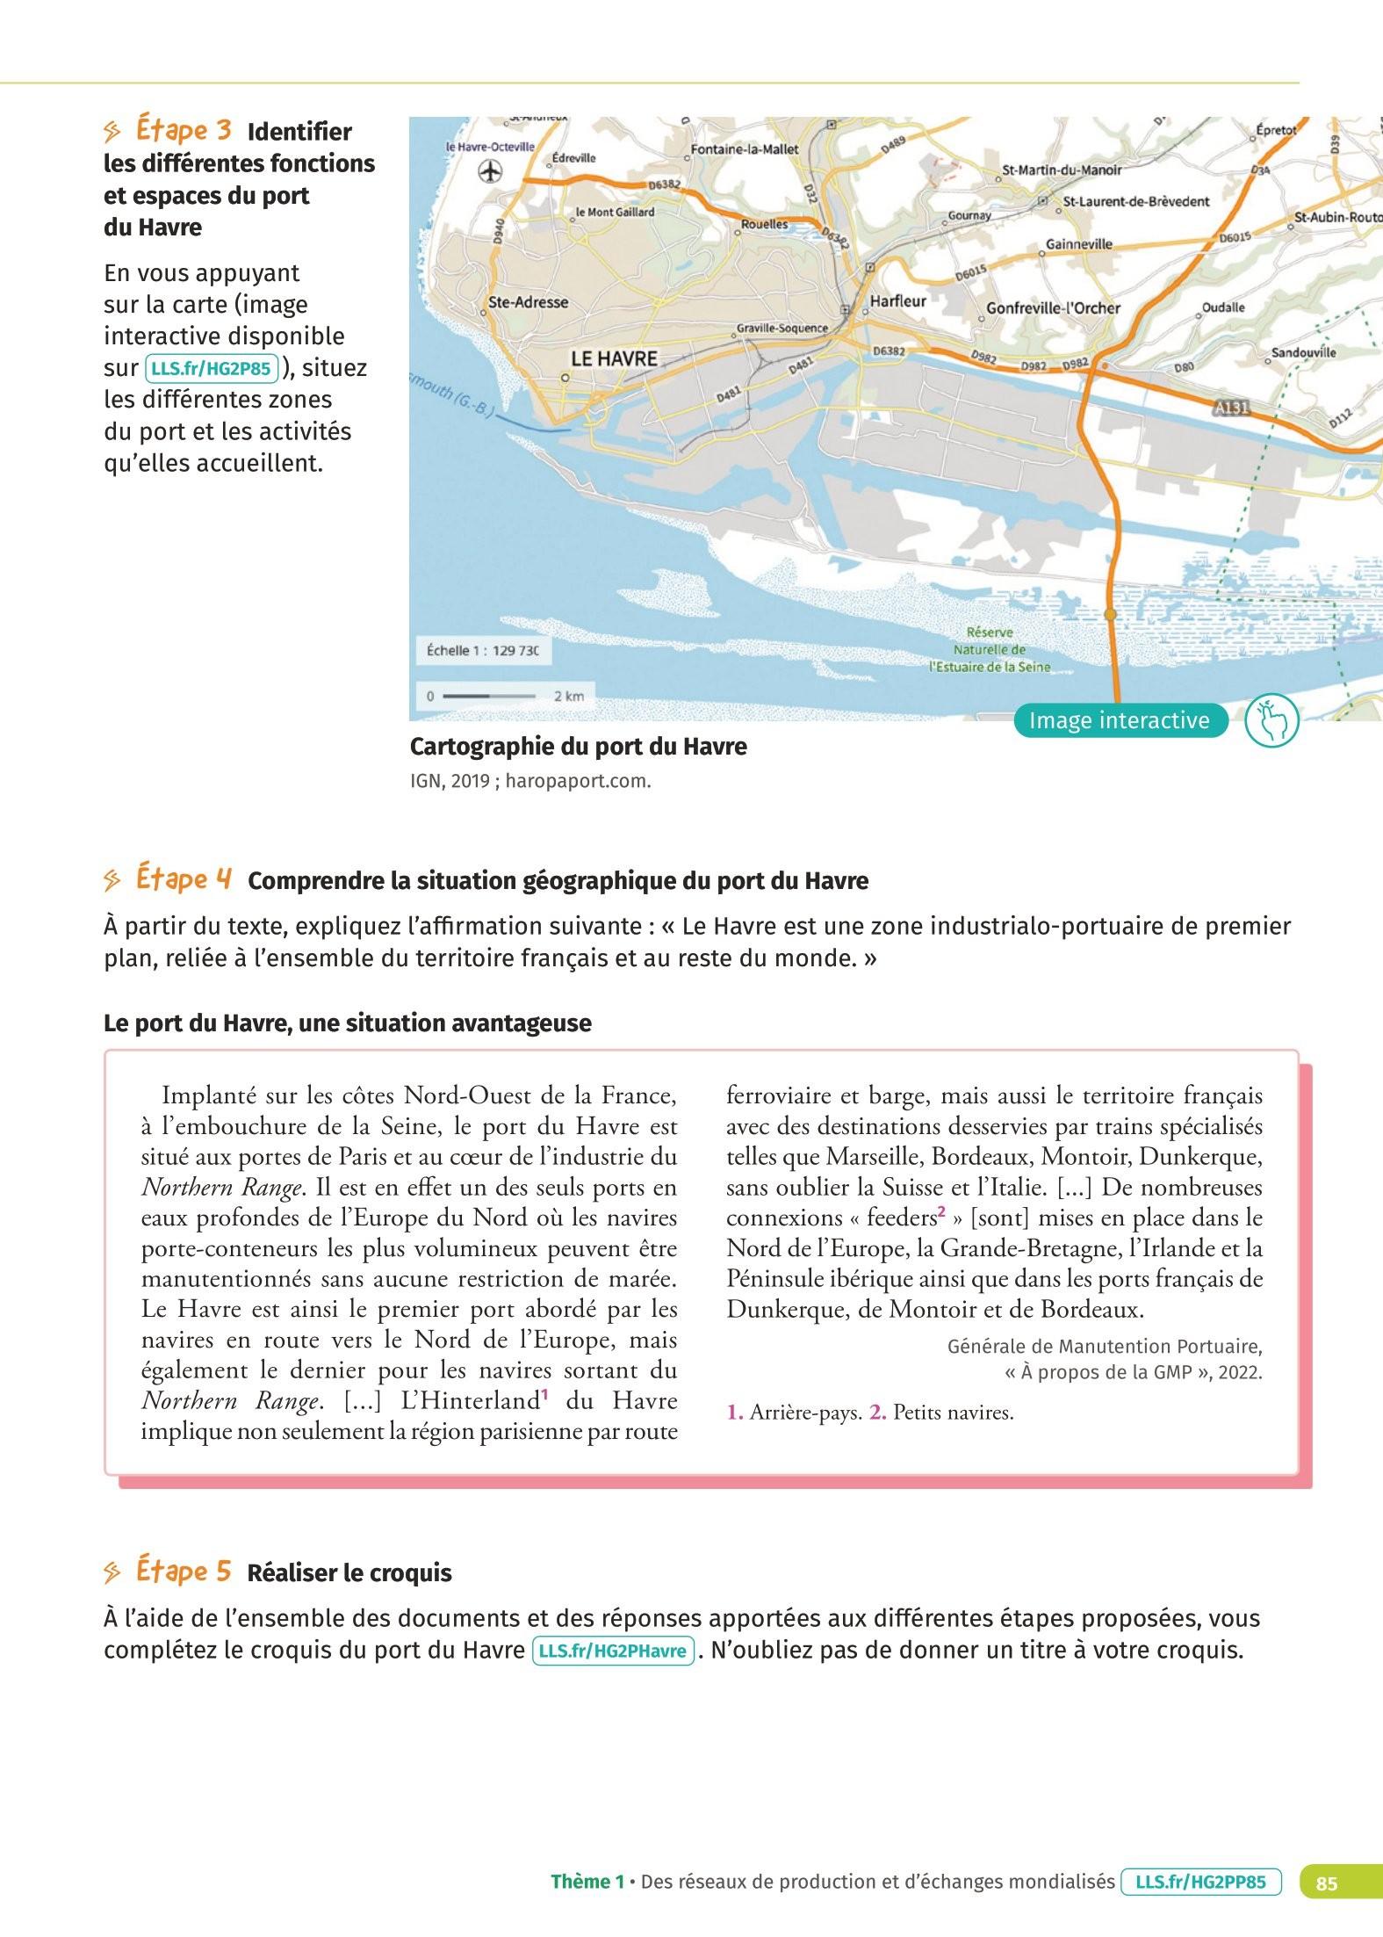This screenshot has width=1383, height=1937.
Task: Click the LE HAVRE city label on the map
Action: pos(614,358)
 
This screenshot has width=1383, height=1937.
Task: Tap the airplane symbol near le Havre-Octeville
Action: pos(490,172)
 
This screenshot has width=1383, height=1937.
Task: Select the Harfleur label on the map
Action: pos(897,301)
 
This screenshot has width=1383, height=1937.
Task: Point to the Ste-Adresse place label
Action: pos(528,302)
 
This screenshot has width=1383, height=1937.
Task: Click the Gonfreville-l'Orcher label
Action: pos(1053,308)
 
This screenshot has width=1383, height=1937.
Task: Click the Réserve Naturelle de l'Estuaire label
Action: pos(990,649)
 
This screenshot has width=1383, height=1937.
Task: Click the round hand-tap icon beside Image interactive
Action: pos(1272,720)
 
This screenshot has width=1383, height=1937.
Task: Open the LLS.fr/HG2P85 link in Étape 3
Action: pos(211,368)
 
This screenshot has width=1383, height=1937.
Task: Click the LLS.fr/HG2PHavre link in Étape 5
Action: pos(613,1650)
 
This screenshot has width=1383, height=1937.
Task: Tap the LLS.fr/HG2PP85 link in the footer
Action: pos(1200,1882)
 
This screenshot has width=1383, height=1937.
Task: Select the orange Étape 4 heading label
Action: pos(184,879)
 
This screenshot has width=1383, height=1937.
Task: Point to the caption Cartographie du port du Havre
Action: pos(578,747)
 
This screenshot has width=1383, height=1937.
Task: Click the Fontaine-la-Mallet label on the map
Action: pos(745,149)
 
